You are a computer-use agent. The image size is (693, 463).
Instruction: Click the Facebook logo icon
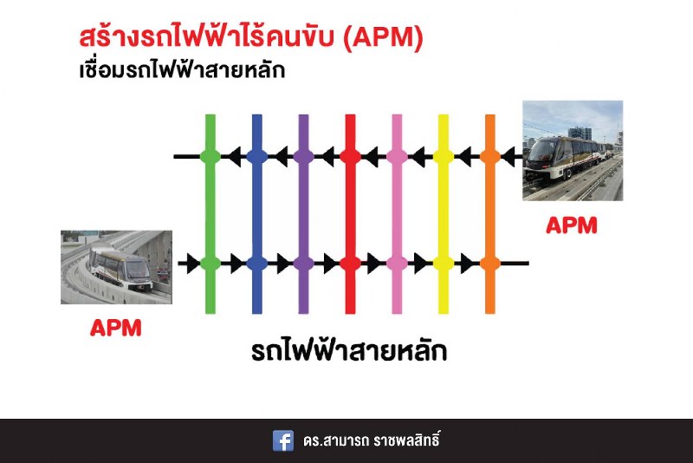tap(283, 440)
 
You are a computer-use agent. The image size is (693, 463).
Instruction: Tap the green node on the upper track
tap(210, 156)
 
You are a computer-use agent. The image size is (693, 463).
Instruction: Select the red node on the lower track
tap(350, 263)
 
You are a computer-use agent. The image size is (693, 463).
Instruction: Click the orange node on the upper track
tap(490, 156)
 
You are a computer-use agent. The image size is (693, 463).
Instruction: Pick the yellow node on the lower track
tap(444, 263)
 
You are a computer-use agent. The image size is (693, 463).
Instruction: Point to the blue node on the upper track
tap(256, 156)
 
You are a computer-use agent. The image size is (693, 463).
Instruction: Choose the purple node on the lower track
tap(304, 263)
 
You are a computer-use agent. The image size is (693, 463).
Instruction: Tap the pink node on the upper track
tap(397, 156)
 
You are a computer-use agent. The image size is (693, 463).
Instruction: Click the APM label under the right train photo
tap(572, 225)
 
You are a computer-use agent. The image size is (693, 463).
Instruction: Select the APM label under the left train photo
tap(116, 328)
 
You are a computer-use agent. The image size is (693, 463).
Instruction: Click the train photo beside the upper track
tap(573, 151)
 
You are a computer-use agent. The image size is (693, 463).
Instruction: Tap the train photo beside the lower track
tap(116, 267)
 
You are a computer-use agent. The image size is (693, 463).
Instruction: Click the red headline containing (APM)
tap(251, 37)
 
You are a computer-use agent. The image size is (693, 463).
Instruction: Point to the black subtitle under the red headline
tap(182, 70)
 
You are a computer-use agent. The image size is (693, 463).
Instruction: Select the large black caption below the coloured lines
tap(349, 350)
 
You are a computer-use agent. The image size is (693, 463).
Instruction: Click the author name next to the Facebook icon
tap(372, 440)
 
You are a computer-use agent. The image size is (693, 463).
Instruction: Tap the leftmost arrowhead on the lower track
tap(193, 263)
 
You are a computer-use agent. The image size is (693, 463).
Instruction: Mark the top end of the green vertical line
tap(210, 115)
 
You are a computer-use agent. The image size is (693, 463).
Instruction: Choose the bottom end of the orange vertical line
tap(490, 313)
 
